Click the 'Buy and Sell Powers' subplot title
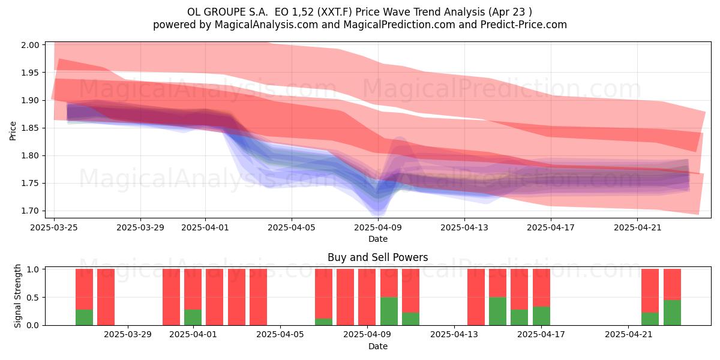(x=377, y=257)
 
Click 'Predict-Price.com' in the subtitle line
(x=524, y=25)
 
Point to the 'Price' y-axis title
(x=13, y=131)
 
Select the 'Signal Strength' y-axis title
(x=17, y=296)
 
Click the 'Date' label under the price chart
(x=377, y=239)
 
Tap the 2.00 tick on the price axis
(x=30, y=45)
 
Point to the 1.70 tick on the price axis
(x=30, y=211)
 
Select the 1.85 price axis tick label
(x=30, y=128)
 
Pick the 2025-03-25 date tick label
(x=54, y=227)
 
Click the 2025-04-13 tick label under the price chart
(x=464, y=227)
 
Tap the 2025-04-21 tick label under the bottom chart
(x=628, y=335)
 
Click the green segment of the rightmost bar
(x=672, y=313)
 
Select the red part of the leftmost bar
(x=84, y=289)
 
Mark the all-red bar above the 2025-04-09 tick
(x=367, y=297)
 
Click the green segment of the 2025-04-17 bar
(x=541, y=316)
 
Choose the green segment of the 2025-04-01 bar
(x=193, y=317)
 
